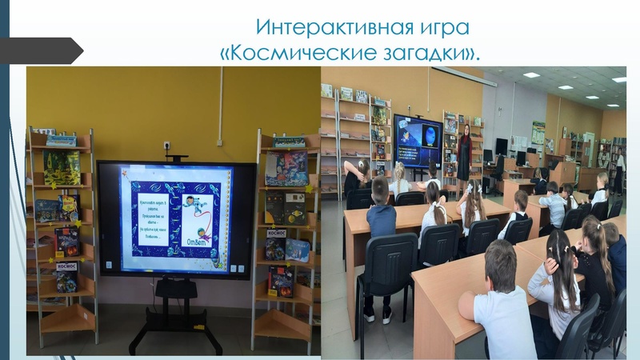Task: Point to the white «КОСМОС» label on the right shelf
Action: click(276, 234)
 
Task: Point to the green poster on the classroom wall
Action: click(538, 132)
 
